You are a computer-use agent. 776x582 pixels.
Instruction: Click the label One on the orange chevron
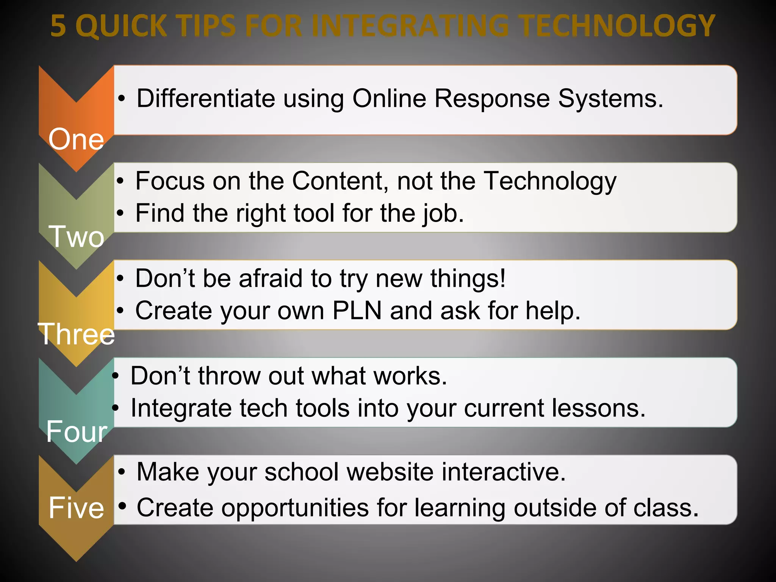pyautogui.click(x=76, y=139)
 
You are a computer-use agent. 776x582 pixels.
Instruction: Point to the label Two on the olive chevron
pyautogui.click(x=76, y=236)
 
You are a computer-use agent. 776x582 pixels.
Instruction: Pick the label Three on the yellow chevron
pyautogui.click(x=76, y=334)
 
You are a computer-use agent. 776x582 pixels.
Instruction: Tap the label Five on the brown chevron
pyautogui.click(x=76, y=508)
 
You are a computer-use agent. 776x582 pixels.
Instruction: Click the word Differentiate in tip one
pyautogui.click(x=206, y=99)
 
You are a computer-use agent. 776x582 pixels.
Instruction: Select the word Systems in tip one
pyautogui.click(x=610, y=99)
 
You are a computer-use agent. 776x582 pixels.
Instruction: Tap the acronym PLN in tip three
pyautogui.click(x=357, y=311)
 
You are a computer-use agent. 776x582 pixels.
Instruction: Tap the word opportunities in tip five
pyautogui.click(x=295, y=508)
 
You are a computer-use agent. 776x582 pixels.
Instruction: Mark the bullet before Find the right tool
pyautogui.click(x=120, y=213)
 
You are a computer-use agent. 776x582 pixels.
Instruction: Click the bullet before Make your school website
pyautogui.click(x=121, y=472)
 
